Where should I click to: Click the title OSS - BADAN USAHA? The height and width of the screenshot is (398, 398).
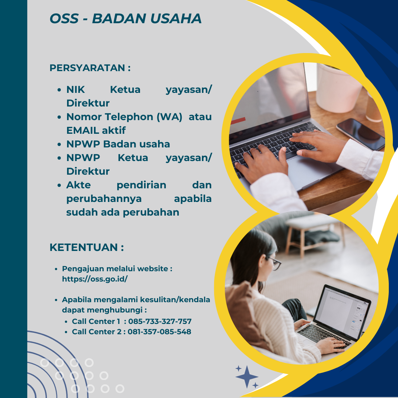pos(125,18)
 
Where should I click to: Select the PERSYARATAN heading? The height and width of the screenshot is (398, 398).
pos(90,68)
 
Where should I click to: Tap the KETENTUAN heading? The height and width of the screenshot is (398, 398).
pos(87,247)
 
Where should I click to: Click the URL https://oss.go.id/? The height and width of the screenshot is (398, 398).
pos(95,279)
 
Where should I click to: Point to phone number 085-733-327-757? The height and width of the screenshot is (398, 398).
pos(160,321)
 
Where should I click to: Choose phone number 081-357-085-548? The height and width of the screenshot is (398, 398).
pos(159,332)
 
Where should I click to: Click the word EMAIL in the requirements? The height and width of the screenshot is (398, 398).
pos(82,130)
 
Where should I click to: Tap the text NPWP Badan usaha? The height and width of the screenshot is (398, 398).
pos(118,144)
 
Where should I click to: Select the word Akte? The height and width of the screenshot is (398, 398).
pos(78,185)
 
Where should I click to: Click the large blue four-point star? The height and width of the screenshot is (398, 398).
pos(247,377)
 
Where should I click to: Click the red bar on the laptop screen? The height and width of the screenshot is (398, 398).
pos(238,121)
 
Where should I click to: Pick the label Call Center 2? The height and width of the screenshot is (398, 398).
pos(97,332)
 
